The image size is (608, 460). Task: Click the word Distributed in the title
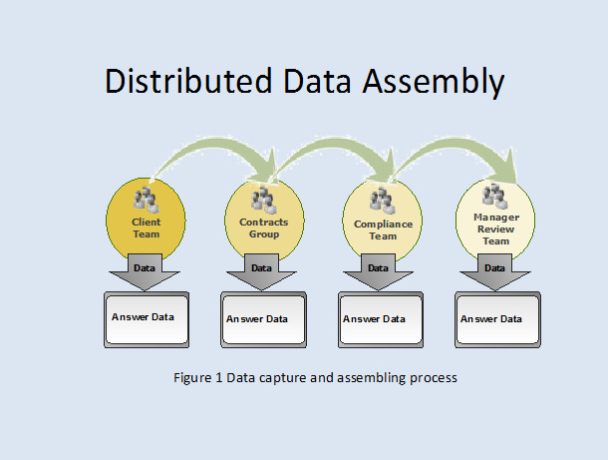pos(188,81)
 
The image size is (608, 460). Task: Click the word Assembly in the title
pos(434,82)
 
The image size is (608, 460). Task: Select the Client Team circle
pos(146,220)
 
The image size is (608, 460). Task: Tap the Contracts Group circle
pos(264,220)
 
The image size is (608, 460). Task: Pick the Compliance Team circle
pos(383,221)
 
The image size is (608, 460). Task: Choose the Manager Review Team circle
pos(495,220)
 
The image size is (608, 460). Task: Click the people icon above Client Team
pos(147,200)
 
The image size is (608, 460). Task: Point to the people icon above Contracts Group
pos(264,200)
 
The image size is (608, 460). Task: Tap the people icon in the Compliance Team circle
pos(383,201)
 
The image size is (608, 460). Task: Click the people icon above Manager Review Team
pos(495,197)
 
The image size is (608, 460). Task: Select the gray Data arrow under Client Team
pos(145,272)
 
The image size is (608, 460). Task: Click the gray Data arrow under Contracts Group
pos(261,272)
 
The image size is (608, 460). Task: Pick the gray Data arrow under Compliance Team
pos(378,272)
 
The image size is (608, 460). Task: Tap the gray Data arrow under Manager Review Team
pos(494,272)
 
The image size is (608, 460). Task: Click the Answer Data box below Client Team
pos(147,320)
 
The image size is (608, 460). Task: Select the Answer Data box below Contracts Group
pos(264,320)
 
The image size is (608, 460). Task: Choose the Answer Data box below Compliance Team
pos(381,320)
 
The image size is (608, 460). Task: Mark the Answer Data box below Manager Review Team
pos(498,320)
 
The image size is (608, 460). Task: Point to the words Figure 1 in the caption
pos(197,378)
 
